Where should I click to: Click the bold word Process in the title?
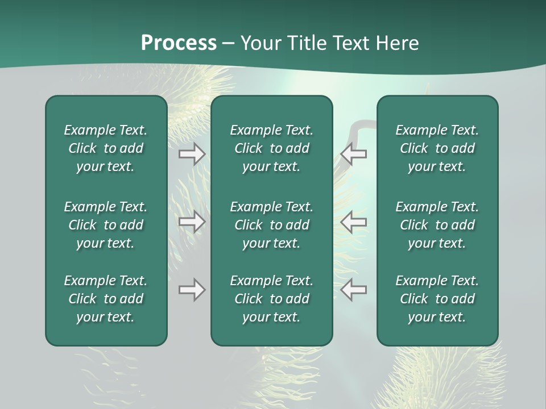click(179, 43)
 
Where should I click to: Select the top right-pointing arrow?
click(192, 153)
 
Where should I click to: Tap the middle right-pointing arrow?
click(192, 222)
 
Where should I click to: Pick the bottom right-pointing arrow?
click(192, 290)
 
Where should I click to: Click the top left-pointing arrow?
click(354, 153)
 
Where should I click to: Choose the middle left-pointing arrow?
click(354, 222)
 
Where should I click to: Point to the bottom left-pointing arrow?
click(354, 290)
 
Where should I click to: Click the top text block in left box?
click(106, 148)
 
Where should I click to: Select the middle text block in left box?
click(106, 225)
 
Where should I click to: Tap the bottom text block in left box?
click(106, 299)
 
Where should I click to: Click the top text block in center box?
click(271, 148)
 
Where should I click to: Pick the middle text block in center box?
click(271, 225)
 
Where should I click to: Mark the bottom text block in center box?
click(271, 299)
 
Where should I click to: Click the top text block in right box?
click(437, 148)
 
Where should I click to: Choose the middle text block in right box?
click(437, 225)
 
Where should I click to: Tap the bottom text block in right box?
click(437, 299)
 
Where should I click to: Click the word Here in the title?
click(398, 43)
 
